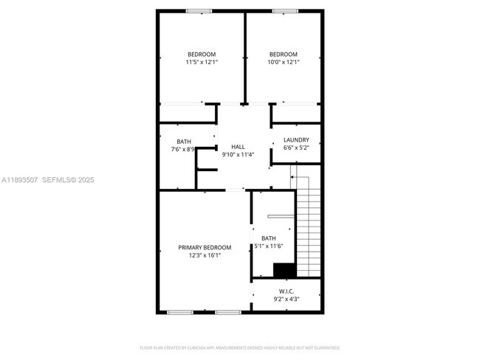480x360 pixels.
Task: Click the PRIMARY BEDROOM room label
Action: click(x=205, y=247)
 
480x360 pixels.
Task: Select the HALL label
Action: click(x=238, y=146)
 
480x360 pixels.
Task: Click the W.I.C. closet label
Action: click(x=287, y=291)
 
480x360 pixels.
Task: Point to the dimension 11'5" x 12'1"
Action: click(x=202, y=63)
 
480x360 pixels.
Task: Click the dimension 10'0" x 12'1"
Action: click(x=283, y=63)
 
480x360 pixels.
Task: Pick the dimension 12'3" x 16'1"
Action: click(x=205, y=255)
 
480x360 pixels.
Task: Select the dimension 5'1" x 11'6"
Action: click(x=269, y=246)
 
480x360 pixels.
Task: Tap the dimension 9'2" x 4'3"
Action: click(x=287, y=300)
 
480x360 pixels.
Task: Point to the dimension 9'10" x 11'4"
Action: click(x=238, y=154)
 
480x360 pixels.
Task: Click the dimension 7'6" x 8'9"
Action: click(x=184, y=150)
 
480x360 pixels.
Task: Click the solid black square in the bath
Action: click(x=284, y=271)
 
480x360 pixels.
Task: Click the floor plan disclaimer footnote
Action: click(x=239, y=347)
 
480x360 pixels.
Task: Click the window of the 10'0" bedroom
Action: click(x=284, y=11)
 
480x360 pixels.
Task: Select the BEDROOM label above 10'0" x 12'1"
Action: click(x=283, y=55)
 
